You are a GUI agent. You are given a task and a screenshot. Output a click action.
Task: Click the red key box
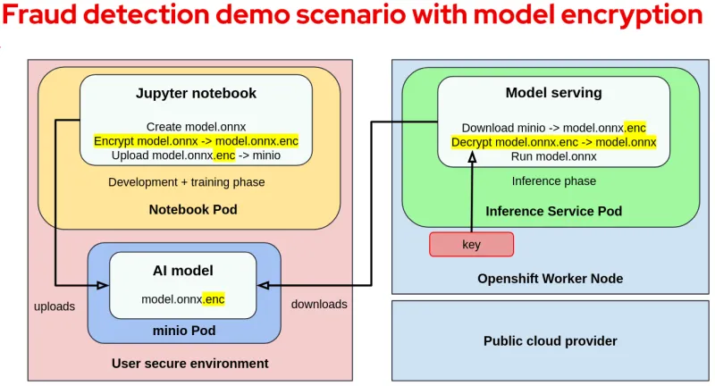[471, 245]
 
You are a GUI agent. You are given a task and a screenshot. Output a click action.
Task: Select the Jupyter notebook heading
[196, 93]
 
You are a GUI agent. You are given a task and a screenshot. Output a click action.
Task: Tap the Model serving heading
[553, 92]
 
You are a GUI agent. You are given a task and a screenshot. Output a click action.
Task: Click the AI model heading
[182, 270]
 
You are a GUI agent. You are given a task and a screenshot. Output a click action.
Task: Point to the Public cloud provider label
[550, 340]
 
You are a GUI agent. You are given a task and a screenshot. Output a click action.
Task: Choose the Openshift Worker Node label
[550, 278]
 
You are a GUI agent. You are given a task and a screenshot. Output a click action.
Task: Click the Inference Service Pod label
[553, 211]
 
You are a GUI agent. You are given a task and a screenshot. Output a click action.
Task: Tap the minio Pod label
[183, 330]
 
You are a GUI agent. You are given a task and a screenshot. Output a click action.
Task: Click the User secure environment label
[189, 363]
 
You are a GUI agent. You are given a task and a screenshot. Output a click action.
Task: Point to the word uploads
[55, 306]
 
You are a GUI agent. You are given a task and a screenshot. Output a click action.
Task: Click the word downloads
[319, 304]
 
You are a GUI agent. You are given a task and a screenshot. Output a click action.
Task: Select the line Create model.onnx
[196, 127]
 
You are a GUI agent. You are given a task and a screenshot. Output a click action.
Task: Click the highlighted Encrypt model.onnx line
[196, 141]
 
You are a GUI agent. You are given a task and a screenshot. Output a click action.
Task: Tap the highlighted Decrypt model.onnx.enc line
[553, 142]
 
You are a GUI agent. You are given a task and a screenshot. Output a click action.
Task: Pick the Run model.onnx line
[553, 156]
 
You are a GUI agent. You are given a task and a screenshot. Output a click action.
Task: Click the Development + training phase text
[186, 182]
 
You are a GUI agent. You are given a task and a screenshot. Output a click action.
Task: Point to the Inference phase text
[553, 181]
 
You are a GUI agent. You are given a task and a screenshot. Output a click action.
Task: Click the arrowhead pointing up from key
[472, 157]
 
